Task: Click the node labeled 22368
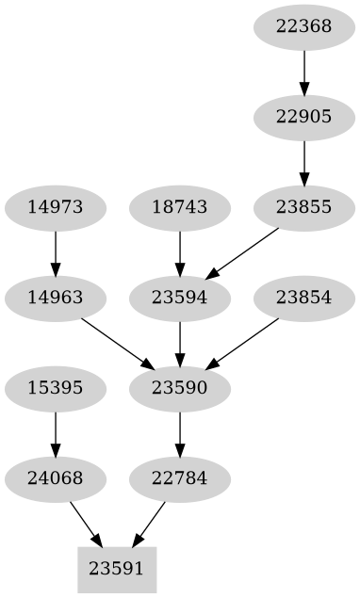(x=303, y=26)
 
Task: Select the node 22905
(x=303, y=117)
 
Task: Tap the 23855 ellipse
(x=303, y=207)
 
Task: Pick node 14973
(x=56, y=207)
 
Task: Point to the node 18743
(x=179, y=207)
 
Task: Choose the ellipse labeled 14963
(x=56, y=298)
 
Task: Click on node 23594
(x=179, y=298)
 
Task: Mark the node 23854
(x=303, y=298)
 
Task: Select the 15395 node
(x=56, y=388)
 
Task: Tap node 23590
(x=179, y=388)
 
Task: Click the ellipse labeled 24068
(x=56, y=478)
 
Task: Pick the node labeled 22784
(x=179, y=478)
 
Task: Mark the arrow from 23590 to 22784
(x=179, y=433)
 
